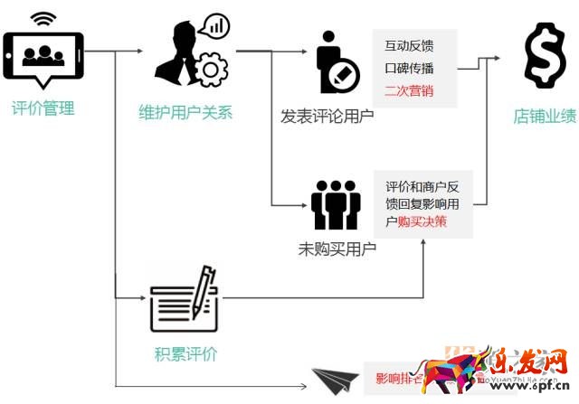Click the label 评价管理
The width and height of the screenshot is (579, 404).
click(43, 109)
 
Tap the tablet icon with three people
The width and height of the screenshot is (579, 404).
click(43, 57)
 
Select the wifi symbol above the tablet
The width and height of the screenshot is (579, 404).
click(42, 18)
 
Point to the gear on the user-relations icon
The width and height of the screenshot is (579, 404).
click(212, 70)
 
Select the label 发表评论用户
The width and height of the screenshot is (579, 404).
click(327, 117)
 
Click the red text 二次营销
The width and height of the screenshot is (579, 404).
click(409, 89)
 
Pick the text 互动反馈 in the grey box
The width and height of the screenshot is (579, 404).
click(409, 45)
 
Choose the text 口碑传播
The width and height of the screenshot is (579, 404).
click(409, 68)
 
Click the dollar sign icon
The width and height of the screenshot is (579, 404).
click(546, 57)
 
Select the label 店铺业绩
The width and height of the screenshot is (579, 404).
click(545, 117)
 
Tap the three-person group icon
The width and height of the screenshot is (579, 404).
click(336, 204)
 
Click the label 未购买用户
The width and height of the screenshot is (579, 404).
click(337, 248)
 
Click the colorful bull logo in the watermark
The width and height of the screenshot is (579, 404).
click(457, 371)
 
